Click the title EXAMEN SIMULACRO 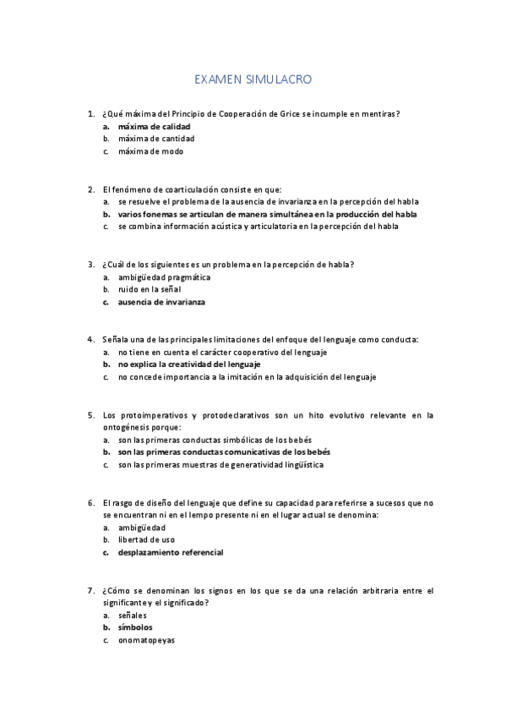[x=253, y=81]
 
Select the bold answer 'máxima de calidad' [x=155, y=126]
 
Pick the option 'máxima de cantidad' [x=156, y=139]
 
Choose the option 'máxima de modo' [x=151, y=151]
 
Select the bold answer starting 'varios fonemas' [x=268, y=215]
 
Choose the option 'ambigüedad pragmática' [x=165, y=277]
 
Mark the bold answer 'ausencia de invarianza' [x=162, y=302]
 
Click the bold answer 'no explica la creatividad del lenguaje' [x=189, y=364]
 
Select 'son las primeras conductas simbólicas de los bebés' [x=215, y=440]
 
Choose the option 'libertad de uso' [x=147, y=540]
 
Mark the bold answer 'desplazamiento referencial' [x=171, y=553]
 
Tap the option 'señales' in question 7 [x=133, y=616]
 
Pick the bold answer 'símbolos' [x=135, y=628]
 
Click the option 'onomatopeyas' [x=147, y=641]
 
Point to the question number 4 [x=90, y=340]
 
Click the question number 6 [x=90, y=503]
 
